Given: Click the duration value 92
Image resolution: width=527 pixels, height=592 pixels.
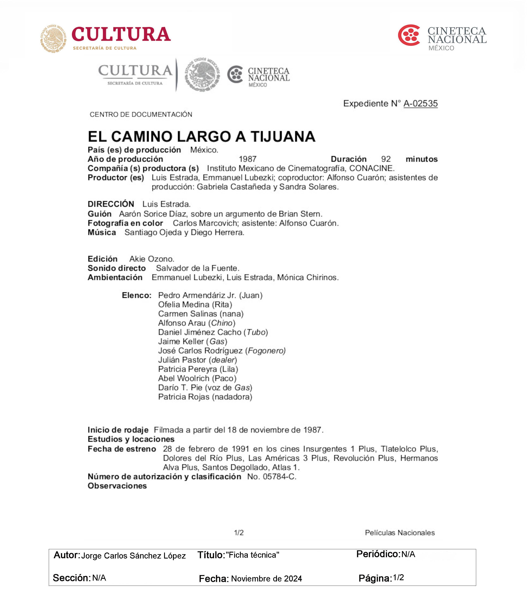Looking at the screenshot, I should coord(386,159).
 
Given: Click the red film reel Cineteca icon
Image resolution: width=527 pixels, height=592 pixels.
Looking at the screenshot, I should coord(409,35).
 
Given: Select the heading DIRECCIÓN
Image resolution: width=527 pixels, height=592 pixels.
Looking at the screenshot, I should coord(111,204).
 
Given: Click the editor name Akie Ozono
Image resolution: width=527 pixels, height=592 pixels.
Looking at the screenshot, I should coord(151,259).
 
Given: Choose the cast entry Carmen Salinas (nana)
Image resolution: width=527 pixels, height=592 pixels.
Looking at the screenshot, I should coord(200,314).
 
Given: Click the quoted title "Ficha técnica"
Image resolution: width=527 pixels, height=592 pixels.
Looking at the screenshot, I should coord(252,555).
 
